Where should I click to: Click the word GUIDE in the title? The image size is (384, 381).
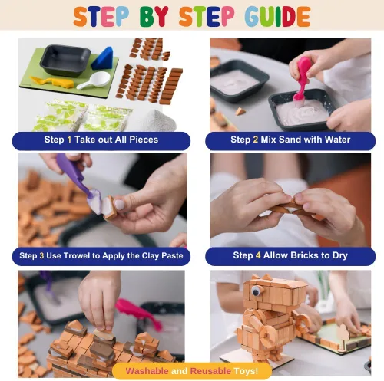pyautogui.click(x=277, y=17)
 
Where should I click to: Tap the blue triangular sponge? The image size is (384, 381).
pyautogui.click(x=103, y=58)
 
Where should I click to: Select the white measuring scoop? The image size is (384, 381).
pyautogui.click(x=94, y=80)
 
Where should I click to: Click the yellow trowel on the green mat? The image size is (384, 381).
pyautogui.click(x=52, y=82)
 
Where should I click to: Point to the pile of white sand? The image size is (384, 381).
pyautogui.click(x=159, y=121)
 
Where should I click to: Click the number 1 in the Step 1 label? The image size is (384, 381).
pyautogui.click(x=69, y=140)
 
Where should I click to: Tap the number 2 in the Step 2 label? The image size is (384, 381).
pyautogui.click(x=256, y=140)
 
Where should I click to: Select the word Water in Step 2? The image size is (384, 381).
pyautogui.click(x=337, y=140)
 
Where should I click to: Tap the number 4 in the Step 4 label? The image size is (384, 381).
pyautogui.click(x=258, y=255)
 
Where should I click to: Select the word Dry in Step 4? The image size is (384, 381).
pyautogui.click(x=340, y=255)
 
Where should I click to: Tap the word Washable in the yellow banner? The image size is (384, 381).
pyautogui.click(x=147, y=371)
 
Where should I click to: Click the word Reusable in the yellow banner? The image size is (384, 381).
pyautogui.click(x=210, y=371)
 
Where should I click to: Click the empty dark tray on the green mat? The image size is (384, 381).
pyautogui.click(x=65, y=61)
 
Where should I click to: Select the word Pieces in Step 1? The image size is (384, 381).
pyautogui.click(x=144, y=140)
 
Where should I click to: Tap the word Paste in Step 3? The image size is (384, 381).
pyautogui.click(x=172, y=255)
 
